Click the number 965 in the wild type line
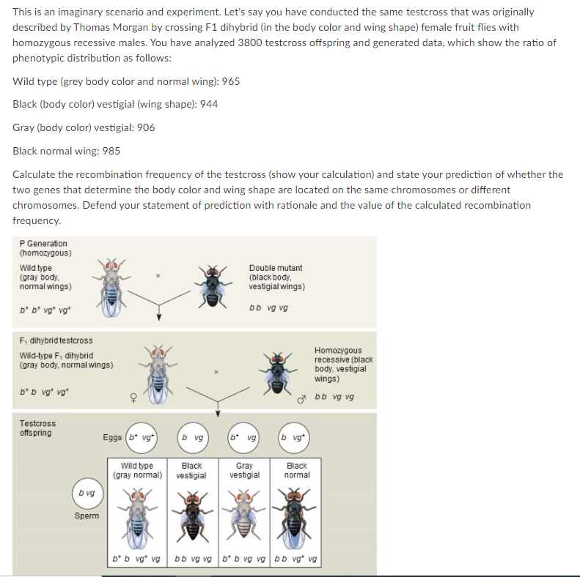(x=230, y=81)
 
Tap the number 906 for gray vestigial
(x=146, y=127)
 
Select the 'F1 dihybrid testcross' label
(x=56, y=340)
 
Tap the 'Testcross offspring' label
(x=37, y=428)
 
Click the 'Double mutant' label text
(x=275, y=268)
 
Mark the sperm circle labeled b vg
(x=87, y=493)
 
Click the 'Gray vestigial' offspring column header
(x=244, y=470)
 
